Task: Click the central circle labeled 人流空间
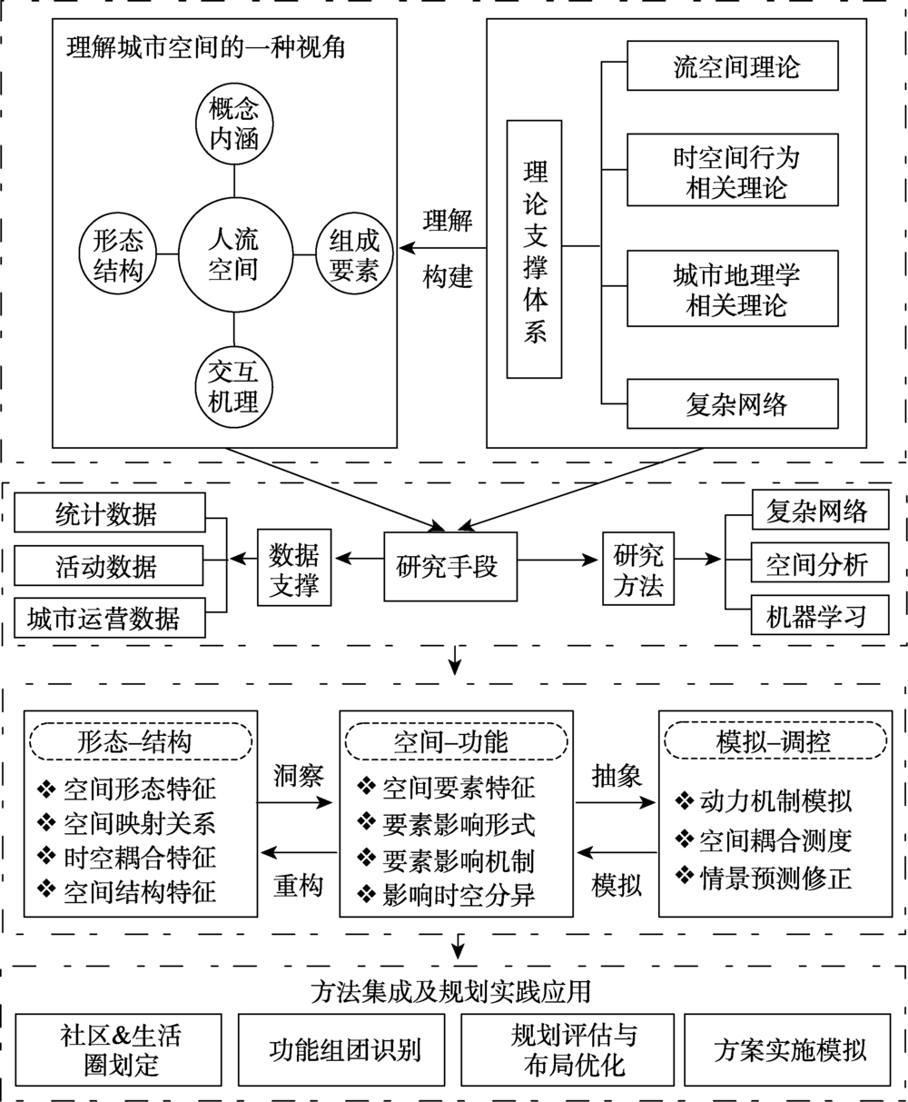click(233, 255)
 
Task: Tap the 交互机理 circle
click(233, 385)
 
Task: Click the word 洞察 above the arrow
click(298, 775)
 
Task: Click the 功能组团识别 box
click(344, 1051)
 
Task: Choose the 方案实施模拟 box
click(789, 1051)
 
